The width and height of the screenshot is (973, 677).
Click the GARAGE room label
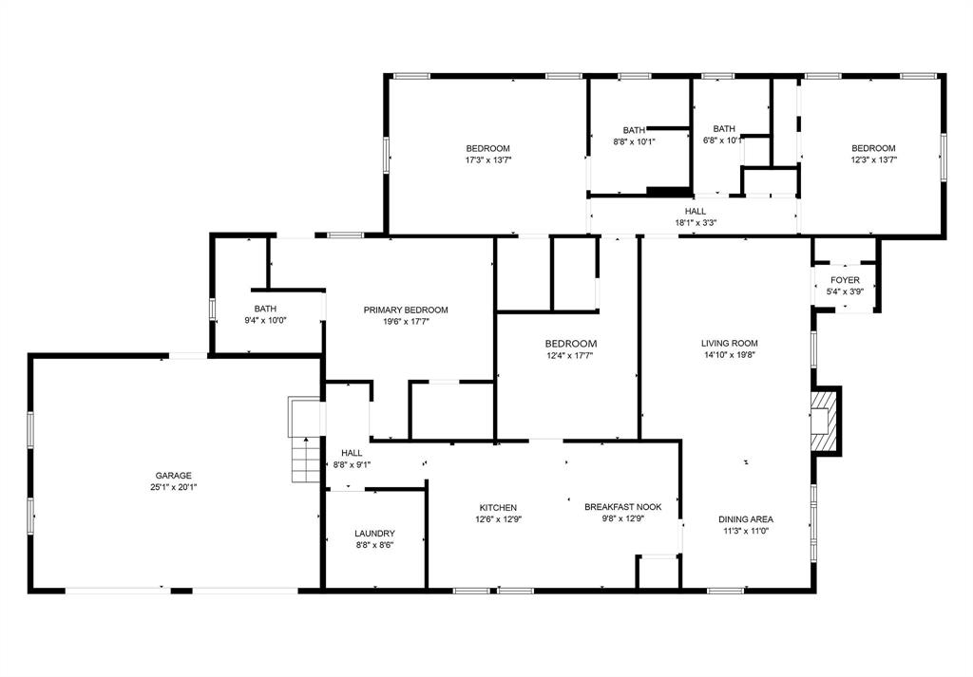[x=174, y=476]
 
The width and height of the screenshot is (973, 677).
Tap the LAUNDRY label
[x=374, y=534]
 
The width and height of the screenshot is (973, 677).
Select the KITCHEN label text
[x=498, y=507]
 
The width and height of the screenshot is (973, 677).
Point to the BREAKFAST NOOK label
[x=623, y=507]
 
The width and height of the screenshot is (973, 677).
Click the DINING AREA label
[x=745, y=519]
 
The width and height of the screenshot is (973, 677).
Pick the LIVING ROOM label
[x=730, y=343]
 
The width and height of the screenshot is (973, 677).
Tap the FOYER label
[x=845, y=280]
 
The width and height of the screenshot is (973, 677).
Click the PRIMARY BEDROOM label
[x=406, y=310]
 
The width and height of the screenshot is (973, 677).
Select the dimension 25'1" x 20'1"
[x=174, y=487]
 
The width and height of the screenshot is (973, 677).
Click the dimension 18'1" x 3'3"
[x=696, y=223]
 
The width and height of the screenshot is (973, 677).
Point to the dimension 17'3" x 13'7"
[x=487, y=160]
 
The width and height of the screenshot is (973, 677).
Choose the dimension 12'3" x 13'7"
[x=873, y=160]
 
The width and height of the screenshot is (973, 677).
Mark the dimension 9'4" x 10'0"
[x=265, y=321]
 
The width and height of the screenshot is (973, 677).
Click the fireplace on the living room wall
[x=823, y=420]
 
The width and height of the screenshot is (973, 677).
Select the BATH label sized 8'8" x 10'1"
[x=634, y=130]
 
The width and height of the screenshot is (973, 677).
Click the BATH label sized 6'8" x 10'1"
[x=724, y=129]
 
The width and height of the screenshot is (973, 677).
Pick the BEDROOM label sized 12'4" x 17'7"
[x=570, y=343]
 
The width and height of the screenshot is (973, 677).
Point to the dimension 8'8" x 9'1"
[x=351, y=465]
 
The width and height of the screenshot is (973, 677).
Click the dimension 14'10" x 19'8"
[x=730, y=355]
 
